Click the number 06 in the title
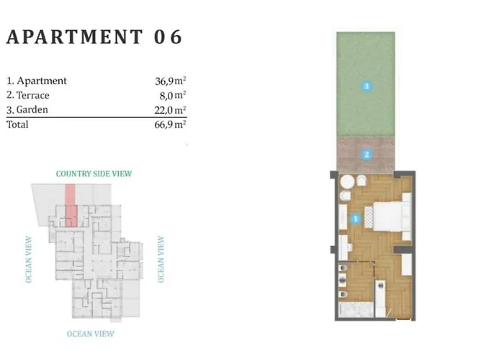click(167, 37)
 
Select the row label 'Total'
click(17, 125)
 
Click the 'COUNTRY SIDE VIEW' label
click(94, 174)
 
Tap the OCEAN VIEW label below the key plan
click(90, 334)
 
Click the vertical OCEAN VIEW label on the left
click(29, 259)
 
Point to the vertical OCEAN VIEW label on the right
click(161, 259)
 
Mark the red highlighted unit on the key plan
click(71, 205)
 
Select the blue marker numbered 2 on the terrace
click(366, 153)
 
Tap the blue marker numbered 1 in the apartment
click(354, 218)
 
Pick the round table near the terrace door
click(346, 181)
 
